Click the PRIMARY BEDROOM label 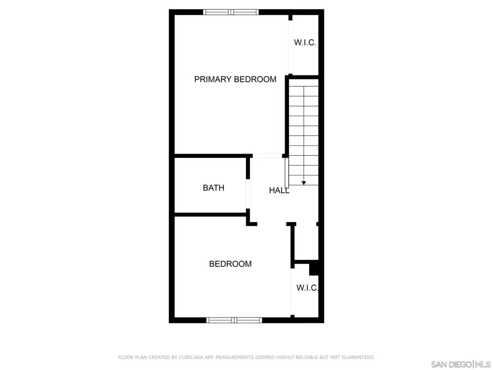click(235, 79)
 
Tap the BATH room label click(213, 188)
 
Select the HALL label click(279, 190)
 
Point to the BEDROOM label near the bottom click(231, 264)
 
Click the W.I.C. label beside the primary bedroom click(305, 43)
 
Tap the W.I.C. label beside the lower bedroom click(308, 288)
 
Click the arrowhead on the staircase click(304, 183)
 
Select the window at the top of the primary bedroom click(231, 12)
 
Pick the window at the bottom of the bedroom click(234, 320)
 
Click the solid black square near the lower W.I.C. click(314, 269)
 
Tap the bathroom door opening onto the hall click(248, 194)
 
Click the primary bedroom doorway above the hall click(267, 156)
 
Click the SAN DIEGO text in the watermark click(451, 365)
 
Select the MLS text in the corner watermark click(482, 365)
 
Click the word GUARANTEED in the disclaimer click(358, 357)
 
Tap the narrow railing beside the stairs click(286, 173)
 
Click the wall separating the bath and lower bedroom click(210, 214)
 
